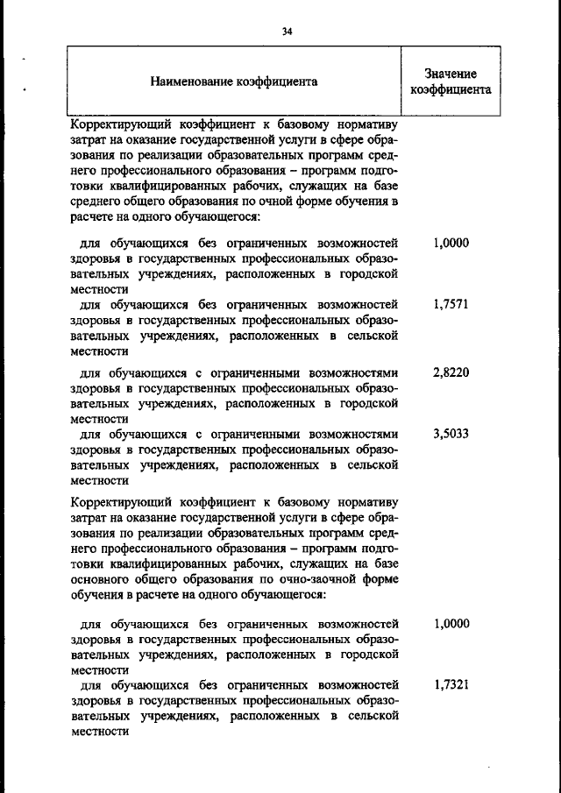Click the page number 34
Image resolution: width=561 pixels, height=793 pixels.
286,32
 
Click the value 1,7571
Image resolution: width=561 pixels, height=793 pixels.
451,305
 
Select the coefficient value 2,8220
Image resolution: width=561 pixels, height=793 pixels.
451,372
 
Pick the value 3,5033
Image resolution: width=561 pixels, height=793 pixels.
451,433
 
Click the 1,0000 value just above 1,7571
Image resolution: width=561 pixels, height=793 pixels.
451,244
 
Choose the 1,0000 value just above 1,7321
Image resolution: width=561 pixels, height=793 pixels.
451,624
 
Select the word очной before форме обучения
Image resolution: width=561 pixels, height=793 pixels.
280,226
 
